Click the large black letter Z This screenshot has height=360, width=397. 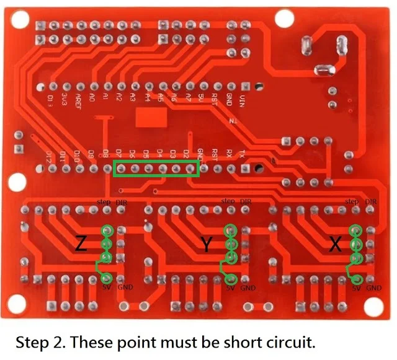coord(81,244)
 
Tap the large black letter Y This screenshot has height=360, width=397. coord(207,244)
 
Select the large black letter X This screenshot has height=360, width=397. coord(336,244)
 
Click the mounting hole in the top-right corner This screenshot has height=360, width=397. coord(282,17)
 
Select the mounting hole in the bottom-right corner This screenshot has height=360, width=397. coord(375,305)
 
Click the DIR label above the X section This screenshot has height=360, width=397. coord(371,202)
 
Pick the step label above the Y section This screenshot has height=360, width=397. coord(228,202)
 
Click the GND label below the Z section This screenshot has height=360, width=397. coord(125,288)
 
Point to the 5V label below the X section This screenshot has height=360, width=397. coord(356,288)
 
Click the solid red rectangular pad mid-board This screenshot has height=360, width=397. coord(150,118)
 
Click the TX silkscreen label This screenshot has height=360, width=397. coord(244,152)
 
